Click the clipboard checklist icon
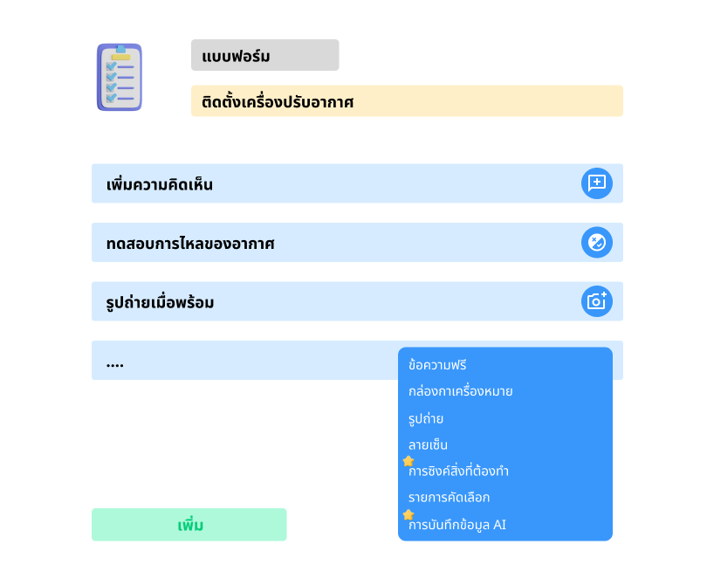120,77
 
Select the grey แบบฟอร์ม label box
265,55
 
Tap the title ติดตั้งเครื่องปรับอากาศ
278,101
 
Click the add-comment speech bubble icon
596,183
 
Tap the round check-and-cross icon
596,242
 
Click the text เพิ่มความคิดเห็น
160,184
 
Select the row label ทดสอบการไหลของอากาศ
190,244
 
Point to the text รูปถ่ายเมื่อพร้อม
160,302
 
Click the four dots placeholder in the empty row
115,365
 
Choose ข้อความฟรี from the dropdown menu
437,365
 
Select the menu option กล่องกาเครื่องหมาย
460,391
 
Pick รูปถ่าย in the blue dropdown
426,418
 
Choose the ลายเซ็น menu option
428,445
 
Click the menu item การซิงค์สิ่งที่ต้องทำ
458,471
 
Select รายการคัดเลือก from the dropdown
450,497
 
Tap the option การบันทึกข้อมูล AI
457,525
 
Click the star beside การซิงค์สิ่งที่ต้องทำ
408,461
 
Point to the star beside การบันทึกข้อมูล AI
408,514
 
